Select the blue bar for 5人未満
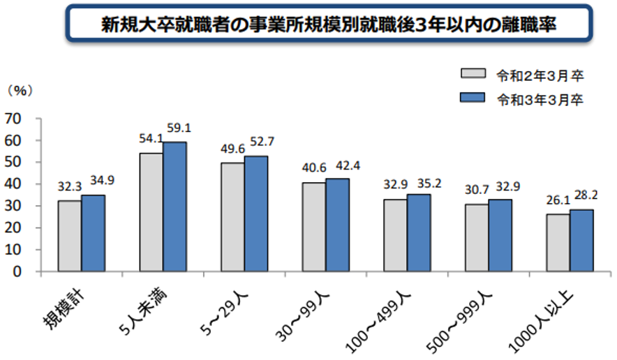tap(174, 207)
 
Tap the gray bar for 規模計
tap(69, 236)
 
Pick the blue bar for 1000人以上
tap(581, 240)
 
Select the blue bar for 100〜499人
tap(419, 232)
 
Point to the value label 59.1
tap(178, 128)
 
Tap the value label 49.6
tap(232, 149)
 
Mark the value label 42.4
tap(340, 165)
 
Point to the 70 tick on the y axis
tap(14, 119)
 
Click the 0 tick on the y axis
tap(18, 271)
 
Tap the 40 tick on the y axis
tap(14, 184)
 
